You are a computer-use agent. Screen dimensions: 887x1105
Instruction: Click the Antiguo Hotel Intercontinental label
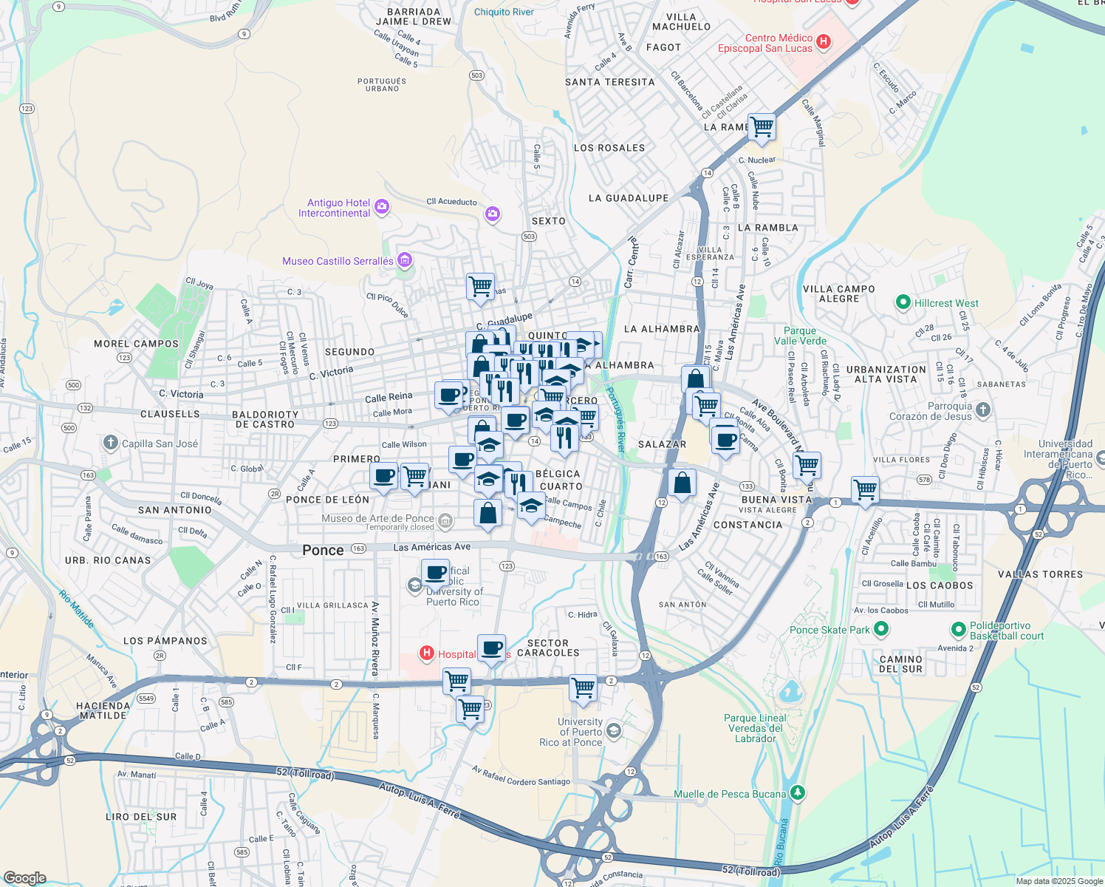(334, 208)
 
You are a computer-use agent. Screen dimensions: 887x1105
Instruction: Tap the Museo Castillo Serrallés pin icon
(404, 260)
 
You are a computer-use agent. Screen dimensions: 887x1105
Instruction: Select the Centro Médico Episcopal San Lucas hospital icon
(824, 43)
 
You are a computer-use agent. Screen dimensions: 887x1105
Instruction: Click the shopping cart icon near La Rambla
(762, 127)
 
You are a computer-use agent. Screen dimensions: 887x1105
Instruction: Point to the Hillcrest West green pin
(902, 302)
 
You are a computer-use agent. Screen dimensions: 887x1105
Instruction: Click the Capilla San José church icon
(110, 443)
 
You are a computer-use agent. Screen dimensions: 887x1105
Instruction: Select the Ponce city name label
(323, 550)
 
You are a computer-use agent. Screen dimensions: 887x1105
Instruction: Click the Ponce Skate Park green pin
(880, 630)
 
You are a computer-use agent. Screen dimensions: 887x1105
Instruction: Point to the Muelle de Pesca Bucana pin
(796, 793)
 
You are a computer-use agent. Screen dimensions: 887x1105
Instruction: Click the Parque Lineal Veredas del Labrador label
(755, 728)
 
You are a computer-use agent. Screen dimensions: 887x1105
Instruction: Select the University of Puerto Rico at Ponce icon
(612, 732)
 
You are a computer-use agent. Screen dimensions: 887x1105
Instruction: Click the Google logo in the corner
(25, 877)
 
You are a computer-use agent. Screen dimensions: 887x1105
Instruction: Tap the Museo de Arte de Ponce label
(377, 518)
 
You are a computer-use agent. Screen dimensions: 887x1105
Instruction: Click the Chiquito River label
(504, 12)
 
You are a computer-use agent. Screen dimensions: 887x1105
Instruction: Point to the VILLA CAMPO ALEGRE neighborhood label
(838, 294)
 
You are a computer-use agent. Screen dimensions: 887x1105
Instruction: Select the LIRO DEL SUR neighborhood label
(141, 817)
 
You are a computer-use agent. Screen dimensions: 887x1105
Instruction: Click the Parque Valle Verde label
(800, 336)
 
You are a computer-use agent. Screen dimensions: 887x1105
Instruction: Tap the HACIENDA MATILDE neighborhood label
(103, 710)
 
